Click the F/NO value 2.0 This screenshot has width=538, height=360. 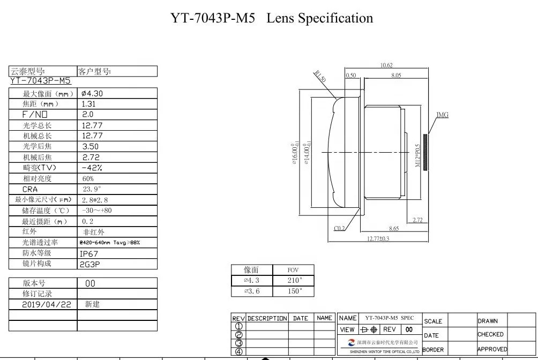click(x=88, y=114)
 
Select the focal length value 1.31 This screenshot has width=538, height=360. click(x=89, y=104)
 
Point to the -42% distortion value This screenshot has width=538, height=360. click(x=92, y=168)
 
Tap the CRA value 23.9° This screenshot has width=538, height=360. click(x=92, y=189)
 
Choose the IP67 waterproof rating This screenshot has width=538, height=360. click(x=89, y=253)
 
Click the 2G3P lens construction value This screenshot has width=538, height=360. click(x=90, y=264)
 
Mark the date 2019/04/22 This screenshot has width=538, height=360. click(x=47, y=304)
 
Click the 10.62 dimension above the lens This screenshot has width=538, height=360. click(x=386, y=65)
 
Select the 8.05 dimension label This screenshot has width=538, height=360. click(x=396, y=76)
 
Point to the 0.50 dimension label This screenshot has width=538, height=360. click(x=351, y=76)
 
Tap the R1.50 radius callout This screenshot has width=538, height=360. click(x=320, y=76)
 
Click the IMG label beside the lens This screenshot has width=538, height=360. click(x=443, y=115)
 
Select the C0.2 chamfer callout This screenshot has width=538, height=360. click(x=340, y=228)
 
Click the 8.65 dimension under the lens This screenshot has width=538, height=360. click(x=394, y=229)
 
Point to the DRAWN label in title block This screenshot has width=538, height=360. click(x=488, y=321)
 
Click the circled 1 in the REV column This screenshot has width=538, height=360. click(x=239, y=326)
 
